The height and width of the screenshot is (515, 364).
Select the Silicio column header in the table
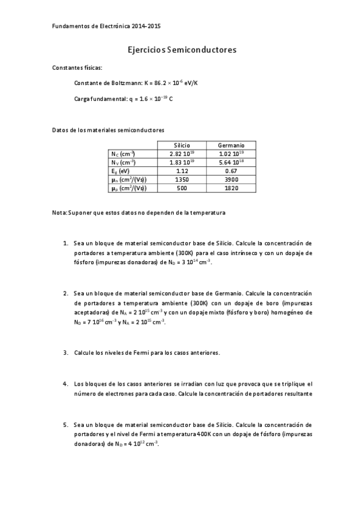182,146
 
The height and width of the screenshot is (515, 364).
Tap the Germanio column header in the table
231,146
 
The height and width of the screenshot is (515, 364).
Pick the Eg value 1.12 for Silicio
182,171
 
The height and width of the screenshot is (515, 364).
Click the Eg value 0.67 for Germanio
231,171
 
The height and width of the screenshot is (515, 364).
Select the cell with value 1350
182,180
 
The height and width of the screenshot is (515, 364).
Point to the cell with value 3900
231,180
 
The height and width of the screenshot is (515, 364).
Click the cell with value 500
182,189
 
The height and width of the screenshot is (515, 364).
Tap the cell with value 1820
231,189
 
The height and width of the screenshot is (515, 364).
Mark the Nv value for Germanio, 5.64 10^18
231,163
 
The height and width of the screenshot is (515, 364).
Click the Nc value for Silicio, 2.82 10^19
182,154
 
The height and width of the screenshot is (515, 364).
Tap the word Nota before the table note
59,213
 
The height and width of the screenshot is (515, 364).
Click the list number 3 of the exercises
66,352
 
